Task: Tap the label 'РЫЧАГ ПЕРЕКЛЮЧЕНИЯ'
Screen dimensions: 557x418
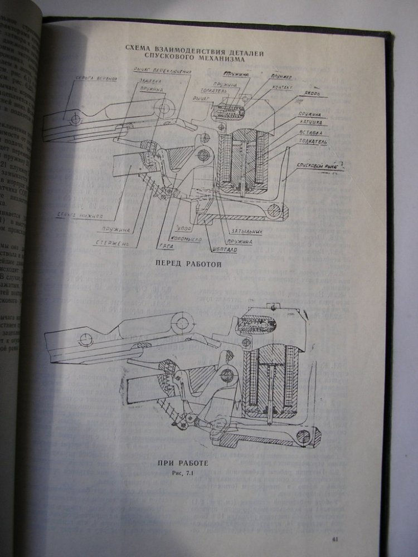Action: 163,71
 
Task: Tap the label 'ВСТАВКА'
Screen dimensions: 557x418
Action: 310,133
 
